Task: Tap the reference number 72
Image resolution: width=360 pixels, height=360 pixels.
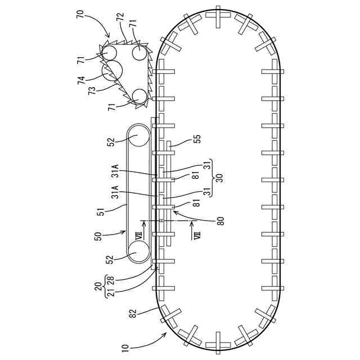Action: click(x=120, y=17)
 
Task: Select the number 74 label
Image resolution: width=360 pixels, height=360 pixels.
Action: click(x=82, y=80)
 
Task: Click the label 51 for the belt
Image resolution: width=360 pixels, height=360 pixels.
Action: click(x=101, y=211)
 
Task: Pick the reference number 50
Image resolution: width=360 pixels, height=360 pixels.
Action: click(x=98, y=236)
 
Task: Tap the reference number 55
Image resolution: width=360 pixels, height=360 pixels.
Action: click(x=197, y=139)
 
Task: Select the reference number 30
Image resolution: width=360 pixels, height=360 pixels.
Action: click(x=220, y=178)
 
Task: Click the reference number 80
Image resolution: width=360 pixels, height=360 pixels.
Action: click(x=220, y=220)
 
